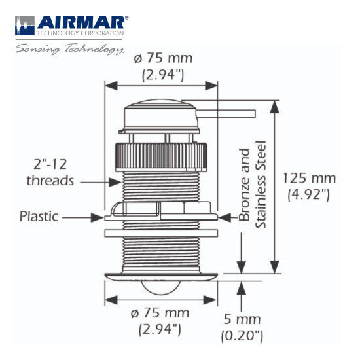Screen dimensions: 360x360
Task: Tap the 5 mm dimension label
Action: (243, 320)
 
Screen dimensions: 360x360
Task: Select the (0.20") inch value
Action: (243, 336)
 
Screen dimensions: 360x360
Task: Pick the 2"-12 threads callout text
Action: (50, 171)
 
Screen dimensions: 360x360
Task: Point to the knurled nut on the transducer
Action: (162, 154)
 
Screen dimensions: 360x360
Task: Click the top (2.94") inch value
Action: (162, 75)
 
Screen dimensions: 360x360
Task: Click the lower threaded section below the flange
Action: (162, 252)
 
